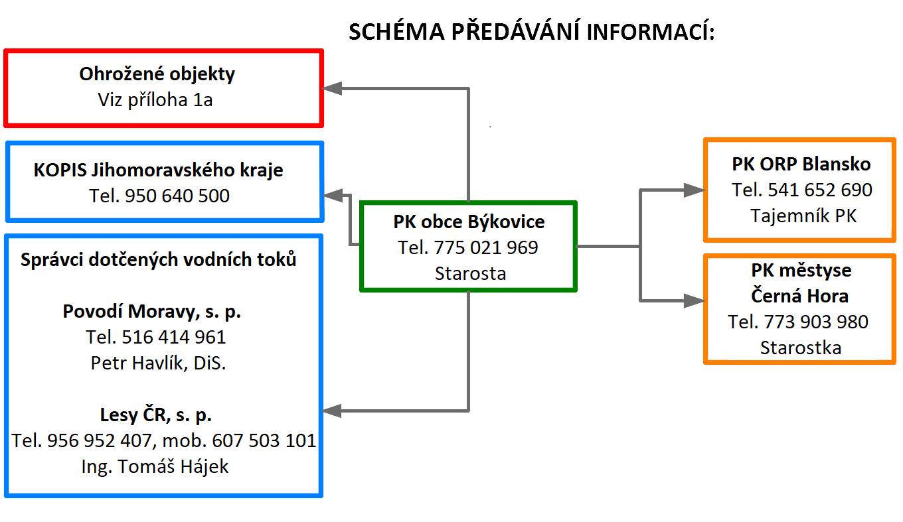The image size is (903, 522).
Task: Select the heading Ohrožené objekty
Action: click(x=157, y=74)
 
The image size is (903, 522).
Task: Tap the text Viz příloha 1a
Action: click(x=155, y=100)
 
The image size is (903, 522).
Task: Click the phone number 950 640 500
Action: click(x=177, y=196)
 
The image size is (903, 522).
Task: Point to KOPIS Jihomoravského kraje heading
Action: click(x=159, y=170)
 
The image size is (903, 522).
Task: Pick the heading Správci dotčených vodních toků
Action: click(x=159, y=259)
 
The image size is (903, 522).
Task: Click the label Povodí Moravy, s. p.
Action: click(x=151, y=311)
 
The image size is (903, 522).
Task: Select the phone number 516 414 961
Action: click(x=174, y=337)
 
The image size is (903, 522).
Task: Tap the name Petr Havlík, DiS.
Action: click(x=158, y=363)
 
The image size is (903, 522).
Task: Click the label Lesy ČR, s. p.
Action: click(x=156, y=415)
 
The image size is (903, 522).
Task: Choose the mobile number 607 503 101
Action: click(x=264, y=440)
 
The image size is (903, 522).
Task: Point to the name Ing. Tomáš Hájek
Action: click(x=155, y=467)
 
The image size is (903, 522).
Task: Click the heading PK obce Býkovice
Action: click(x=469, y=222)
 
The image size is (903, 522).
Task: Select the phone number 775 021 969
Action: click(x=486, y=247)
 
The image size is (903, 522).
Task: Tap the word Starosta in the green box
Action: click(x=471, y=273)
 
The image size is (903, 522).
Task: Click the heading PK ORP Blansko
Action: click(x=801, y=164)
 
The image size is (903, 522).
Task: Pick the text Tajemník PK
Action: click(x=803, y=216)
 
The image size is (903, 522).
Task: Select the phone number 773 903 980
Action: click(x=816, y=322)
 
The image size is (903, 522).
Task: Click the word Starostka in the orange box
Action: click(x=801, y=348)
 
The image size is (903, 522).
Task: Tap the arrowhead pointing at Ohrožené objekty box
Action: click(x=332, y=89)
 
